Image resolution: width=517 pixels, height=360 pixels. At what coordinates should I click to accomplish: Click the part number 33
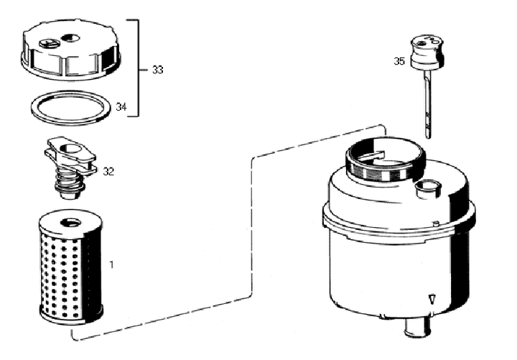click(157, 70)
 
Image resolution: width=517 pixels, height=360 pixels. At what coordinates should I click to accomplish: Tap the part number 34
click(121, 107)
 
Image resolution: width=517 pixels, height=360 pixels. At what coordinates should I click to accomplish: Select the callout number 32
click(108, 172)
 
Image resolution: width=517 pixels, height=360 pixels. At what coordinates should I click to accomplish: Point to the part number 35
click(399, 61)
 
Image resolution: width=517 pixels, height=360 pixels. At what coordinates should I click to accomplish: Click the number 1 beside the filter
click(111, 264)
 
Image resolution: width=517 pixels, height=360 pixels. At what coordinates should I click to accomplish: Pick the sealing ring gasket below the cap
click(70, 108)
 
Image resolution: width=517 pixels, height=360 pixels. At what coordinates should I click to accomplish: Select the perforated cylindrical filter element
click(71, 269)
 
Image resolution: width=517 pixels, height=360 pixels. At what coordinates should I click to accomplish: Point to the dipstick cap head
click(427, 52)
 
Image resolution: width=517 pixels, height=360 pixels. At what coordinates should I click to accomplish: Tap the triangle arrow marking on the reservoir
click(432, 300)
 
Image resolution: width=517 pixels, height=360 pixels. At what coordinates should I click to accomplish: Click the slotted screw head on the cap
click(48, 42)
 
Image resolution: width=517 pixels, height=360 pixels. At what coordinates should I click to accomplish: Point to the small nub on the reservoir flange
click(436, 223)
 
